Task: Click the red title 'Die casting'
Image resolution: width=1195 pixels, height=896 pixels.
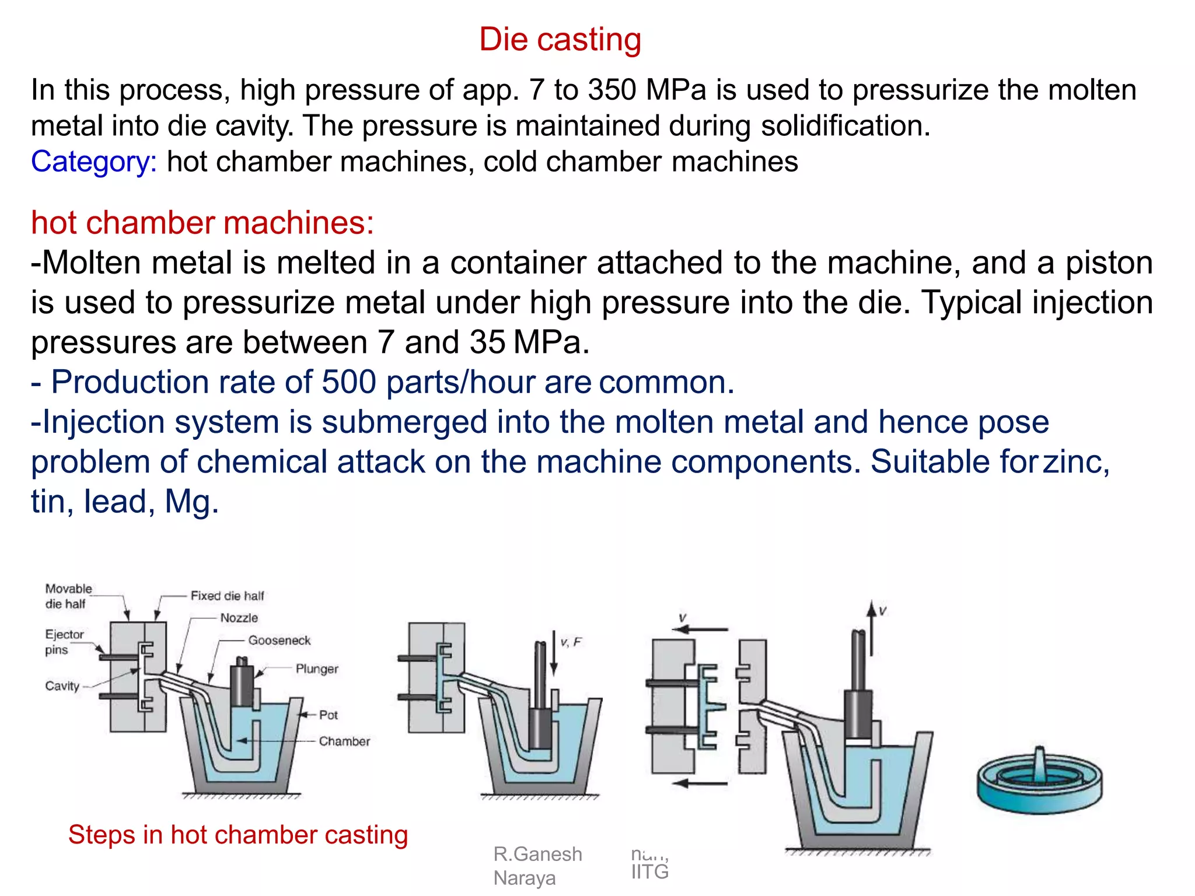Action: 560,40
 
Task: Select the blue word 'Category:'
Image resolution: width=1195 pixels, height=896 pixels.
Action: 93,162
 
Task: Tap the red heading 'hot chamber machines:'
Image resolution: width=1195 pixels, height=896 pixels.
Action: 202,223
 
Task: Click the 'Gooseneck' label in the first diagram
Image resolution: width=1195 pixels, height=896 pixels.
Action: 279,640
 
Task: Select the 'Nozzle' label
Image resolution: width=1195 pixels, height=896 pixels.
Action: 239,618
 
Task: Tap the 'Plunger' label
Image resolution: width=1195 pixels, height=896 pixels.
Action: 316,669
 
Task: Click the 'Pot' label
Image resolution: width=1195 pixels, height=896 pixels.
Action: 328,715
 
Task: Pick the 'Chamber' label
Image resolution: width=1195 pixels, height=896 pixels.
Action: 344,741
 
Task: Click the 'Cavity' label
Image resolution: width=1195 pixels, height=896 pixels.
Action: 62,686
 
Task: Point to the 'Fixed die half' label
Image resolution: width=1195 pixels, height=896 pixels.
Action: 227,596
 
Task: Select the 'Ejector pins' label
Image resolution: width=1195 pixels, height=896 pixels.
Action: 64,642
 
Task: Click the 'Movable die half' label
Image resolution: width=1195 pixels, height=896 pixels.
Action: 68,596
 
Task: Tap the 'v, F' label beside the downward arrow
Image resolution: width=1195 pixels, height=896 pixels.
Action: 571,642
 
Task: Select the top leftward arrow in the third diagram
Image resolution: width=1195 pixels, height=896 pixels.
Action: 700,629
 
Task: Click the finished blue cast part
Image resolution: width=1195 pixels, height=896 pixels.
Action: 1039,782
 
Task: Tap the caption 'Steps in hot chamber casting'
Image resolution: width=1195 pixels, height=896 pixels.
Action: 237,835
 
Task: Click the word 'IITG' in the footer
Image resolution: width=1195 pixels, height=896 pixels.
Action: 649,871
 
